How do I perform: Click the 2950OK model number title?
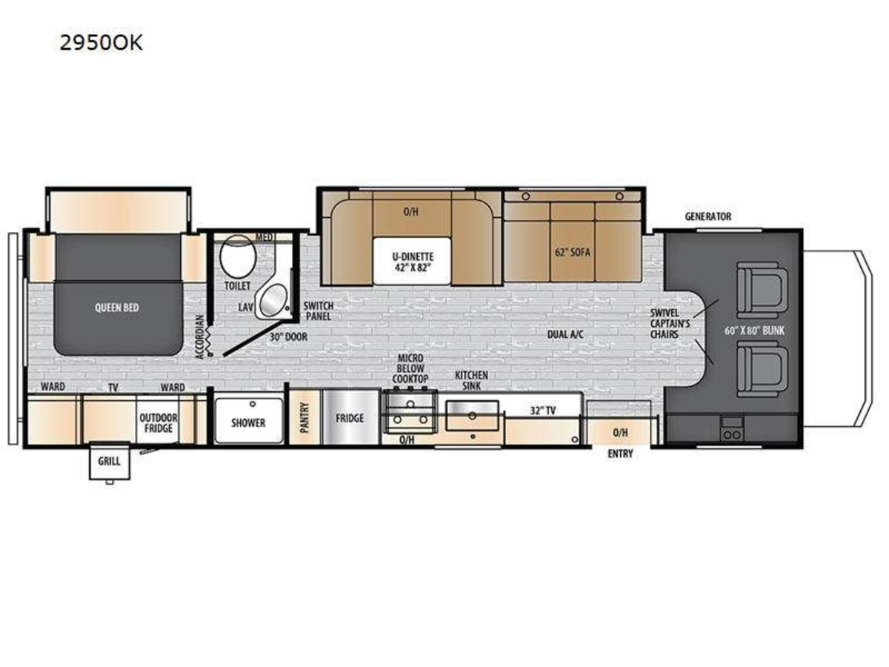(x=101, y=43)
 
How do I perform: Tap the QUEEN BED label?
(x=116, y=308)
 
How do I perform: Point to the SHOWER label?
(x=248, y=422)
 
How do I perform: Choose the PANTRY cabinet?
(x=305, y=417)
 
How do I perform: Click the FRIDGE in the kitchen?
(x=350, y=417)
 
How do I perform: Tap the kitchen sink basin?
(x=472, y=416)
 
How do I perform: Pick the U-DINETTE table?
(x=412, y=261)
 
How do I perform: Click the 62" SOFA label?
(x=572, y=252)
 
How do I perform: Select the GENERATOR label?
(x=708, y=216)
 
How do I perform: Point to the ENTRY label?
(x=620, y=454)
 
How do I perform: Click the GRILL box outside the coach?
(x=110, y=462)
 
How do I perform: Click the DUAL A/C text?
(x=565, y=334)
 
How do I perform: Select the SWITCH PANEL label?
(x=319, y=311)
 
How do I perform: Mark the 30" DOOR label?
(x=288, y=336)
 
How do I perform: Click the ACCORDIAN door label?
(x=199, y=337)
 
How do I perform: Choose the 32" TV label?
(x=543, y=411)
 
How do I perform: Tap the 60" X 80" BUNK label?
(x=754, y=331)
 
